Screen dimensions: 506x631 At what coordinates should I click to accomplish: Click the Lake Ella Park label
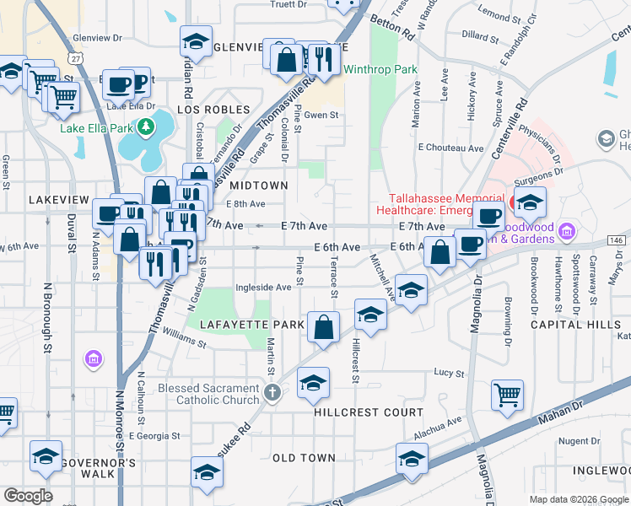point(97,128)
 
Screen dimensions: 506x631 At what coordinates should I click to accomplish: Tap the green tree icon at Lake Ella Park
point(148,126)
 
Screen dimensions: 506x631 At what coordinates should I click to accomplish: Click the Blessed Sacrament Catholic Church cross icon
point(272,393)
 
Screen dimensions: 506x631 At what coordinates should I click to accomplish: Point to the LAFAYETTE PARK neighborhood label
point(240,324)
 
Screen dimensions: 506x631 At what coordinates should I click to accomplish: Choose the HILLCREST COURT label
point(369,412)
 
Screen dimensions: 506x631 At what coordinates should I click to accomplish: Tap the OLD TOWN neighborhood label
point(304,458)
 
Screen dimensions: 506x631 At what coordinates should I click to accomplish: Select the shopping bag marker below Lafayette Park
point(323,326)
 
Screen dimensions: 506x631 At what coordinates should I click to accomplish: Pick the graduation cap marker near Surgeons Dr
point(530,202)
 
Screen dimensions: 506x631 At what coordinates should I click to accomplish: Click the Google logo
point(28,495)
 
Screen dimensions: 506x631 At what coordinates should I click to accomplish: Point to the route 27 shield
point(77,58)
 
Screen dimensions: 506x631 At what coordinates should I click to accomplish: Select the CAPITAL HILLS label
point(564,324)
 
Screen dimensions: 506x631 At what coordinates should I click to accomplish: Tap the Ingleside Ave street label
point(263,287)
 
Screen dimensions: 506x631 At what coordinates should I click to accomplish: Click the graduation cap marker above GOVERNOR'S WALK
point(46,455)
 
